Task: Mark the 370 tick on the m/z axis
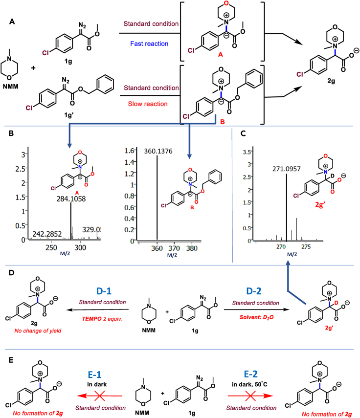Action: (x=187, y=248)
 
